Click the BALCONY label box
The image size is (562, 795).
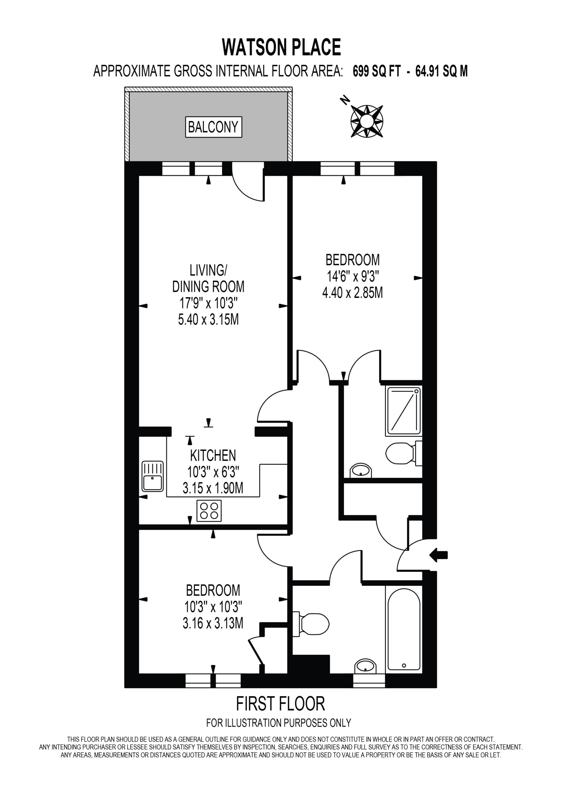pos(213,127)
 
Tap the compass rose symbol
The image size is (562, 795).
pos(367,121)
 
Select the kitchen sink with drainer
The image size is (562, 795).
pos(152,476)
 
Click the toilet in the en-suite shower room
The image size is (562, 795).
pos(404,453)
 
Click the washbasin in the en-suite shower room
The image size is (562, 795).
pos(361,471)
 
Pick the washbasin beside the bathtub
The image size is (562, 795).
pos(365,666)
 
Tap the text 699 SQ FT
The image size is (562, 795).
pos(376,71)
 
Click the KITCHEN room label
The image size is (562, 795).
pos(213,455)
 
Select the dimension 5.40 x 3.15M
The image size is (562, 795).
pos(208,319)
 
